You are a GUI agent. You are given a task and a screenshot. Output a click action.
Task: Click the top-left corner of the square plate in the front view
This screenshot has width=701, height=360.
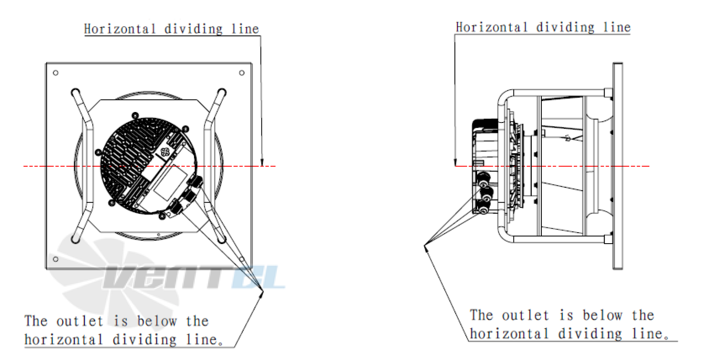click(x=47, y=63)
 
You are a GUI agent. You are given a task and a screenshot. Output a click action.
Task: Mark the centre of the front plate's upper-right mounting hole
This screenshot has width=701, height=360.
click(x=241, y=73)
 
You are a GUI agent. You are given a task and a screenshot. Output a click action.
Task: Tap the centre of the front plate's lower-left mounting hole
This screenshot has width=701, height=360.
click(x=56, y=259)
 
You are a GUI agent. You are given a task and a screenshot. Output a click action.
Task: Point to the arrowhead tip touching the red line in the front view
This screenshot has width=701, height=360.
click(x=262, y=166)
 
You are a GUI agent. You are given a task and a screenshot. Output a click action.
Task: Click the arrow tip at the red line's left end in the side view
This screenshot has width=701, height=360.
click(x=456, y=166)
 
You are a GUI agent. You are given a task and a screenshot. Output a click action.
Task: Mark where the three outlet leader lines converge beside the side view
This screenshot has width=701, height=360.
click(x=425, y=245)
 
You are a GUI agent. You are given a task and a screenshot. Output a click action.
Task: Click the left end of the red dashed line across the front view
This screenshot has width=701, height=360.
click(x=24, y=166)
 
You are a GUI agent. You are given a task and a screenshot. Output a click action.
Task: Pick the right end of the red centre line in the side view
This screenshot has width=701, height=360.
click(x=649, y=166)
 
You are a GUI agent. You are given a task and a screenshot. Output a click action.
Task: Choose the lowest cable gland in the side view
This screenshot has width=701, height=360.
click(x=483, y=208)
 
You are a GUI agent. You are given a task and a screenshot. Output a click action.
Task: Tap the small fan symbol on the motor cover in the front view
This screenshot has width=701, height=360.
click(x=165, y=153)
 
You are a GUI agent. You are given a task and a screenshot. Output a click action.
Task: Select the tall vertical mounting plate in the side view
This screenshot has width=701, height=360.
click(x=617, y=166)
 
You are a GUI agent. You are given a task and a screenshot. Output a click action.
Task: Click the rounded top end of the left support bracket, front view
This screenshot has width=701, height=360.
click(x=76, y=93)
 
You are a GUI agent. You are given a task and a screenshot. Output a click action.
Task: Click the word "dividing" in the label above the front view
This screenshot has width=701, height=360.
click(x=193, y=29)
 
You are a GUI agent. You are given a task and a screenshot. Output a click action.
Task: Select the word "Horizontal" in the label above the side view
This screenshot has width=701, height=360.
click(x=492, y=27)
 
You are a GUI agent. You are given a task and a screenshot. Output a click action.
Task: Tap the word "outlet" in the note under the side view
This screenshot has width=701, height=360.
click(x=526, y=315)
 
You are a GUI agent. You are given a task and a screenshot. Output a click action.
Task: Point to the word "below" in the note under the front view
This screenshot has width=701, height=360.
click(x=157, y=321)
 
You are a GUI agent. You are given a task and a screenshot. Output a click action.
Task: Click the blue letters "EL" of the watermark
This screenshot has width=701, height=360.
click(x=258, y=277)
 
